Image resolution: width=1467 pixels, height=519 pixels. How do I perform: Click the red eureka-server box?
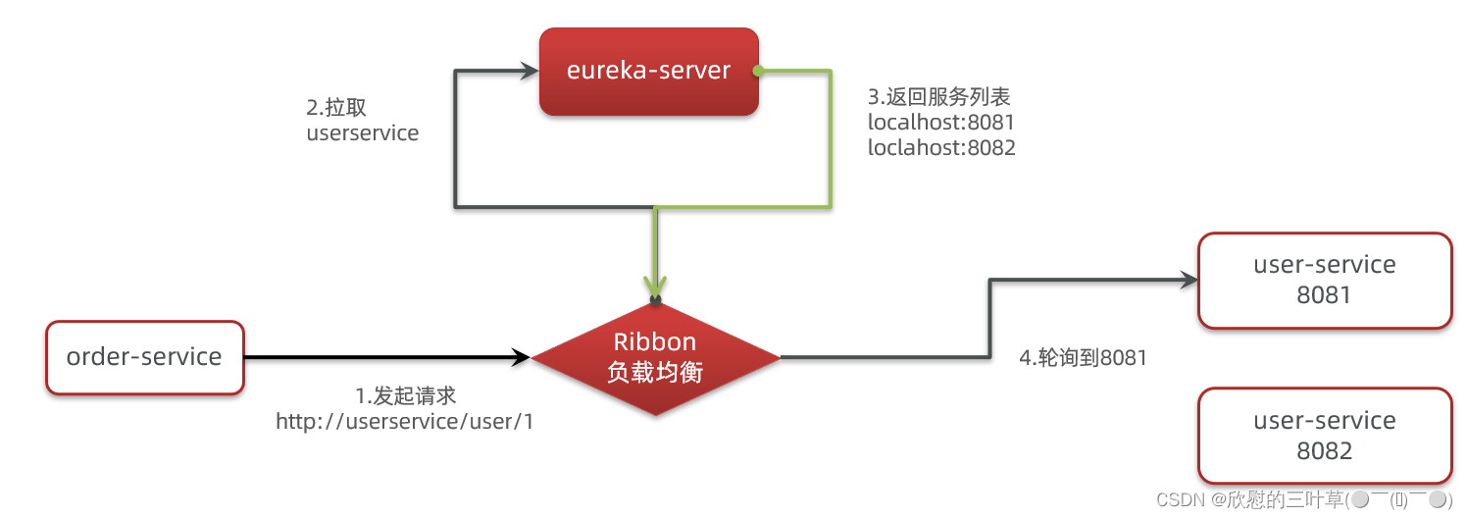coord(649,71)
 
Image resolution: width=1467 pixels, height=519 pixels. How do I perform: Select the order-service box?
coord(144,357)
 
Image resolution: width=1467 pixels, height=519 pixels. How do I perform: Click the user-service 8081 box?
coord(1324,280)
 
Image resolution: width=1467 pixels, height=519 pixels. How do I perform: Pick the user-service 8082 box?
coord(1324,436)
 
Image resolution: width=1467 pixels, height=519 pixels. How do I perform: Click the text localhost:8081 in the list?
coord(940,123)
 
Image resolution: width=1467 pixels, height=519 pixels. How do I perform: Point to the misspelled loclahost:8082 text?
coord(941,148)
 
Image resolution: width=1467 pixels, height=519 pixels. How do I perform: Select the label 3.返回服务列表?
coord(938,97)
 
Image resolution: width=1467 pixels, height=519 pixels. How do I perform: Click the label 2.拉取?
coord(336,108)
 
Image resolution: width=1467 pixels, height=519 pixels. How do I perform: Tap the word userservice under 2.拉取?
coord(362,133)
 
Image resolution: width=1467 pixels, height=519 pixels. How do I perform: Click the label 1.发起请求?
coord(406,395)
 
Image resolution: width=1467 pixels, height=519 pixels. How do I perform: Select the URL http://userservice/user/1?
coord(405,421)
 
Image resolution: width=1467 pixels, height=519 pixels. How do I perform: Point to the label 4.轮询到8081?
coord(1083,358)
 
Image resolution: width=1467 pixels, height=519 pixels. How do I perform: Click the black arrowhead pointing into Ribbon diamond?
coord(521,358)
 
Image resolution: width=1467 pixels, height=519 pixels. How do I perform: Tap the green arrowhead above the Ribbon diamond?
coord(655,284)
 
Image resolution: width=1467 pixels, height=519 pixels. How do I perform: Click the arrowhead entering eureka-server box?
coord(530,72)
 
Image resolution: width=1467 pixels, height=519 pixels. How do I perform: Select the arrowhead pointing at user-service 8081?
coord(1189,280)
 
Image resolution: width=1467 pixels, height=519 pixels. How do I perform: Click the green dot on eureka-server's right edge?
coord(758,71)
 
